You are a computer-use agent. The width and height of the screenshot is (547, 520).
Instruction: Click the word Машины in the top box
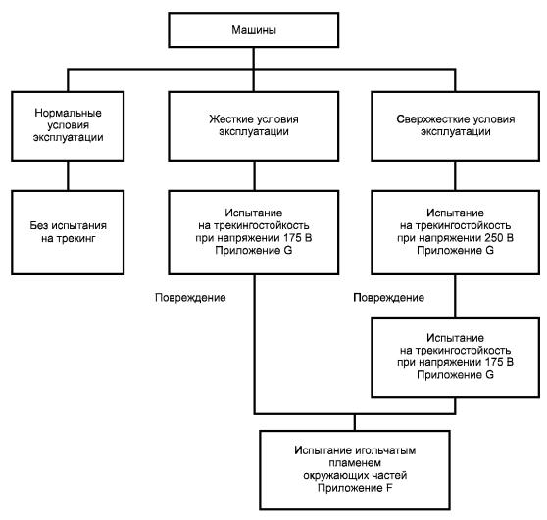(x=254, y=30)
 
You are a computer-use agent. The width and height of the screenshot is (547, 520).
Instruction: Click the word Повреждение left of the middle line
(x=190, y=298)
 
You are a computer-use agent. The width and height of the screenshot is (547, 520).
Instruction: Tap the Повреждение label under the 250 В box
(x=388, y=298)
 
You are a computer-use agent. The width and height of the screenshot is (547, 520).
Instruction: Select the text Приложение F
(x=355, y=488)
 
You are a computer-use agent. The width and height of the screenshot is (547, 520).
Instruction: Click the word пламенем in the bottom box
(x=355, y=463)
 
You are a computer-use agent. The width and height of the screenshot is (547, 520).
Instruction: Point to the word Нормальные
(x=68, y=113)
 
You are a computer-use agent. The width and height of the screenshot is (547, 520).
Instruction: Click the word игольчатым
(x=385, y=450)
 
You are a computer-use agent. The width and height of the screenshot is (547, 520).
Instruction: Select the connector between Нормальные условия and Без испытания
(x=68, y=175)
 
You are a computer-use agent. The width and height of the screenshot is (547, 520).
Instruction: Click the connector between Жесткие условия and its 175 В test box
(x=254, y=175)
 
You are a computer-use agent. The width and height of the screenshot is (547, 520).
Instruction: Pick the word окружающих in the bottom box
(x=336, y=475)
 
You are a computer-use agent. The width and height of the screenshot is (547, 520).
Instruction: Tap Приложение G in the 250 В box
(x=455, y=251)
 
